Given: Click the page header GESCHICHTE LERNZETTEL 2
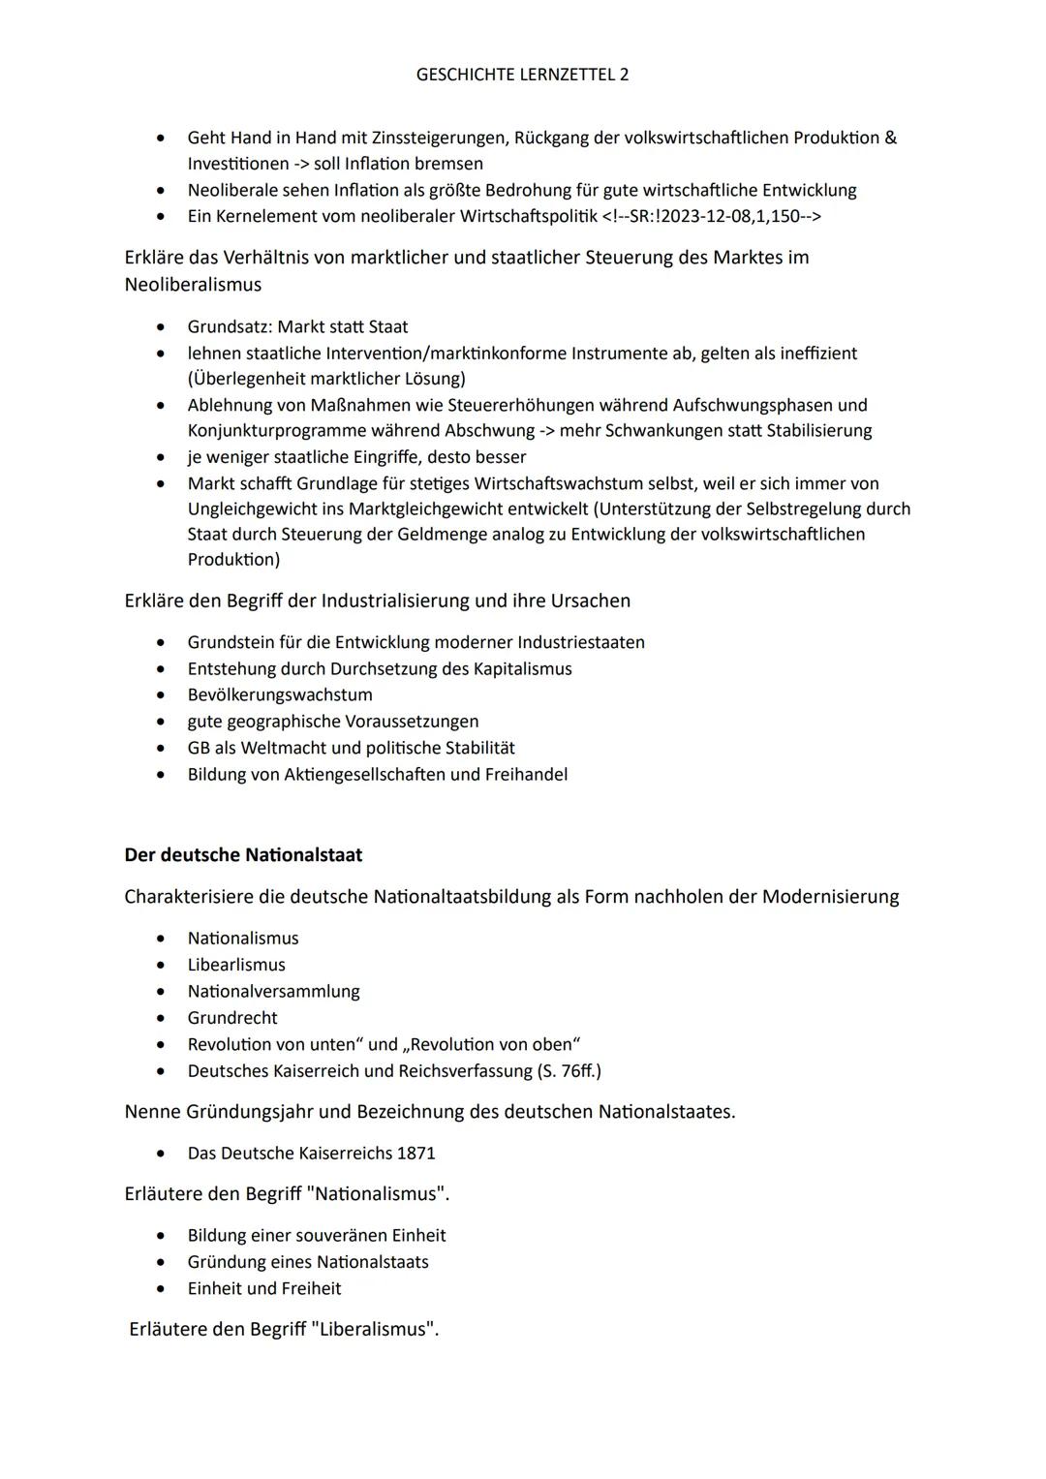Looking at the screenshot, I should (x=522, y=75).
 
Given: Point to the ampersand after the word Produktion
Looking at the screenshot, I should (x=890, y=138).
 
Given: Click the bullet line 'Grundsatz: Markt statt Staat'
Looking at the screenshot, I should (x=297, y=327).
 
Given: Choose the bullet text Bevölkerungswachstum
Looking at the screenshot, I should (x=280, y=695).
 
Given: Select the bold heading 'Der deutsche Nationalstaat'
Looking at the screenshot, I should (x=243, y=855).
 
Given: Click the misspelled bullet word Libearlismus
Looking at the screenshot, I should (x=236, y=966).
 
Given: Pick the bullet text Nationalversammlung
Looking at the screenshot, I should (x=273, y=992).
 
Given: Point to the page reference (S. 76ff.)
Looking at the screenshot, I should (x=569, y=1071).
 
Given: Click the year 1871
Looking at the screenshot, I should (x=415, y=1154).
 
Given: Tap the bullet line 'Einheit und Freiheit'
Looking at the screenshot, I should (x=264, y=1289).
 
